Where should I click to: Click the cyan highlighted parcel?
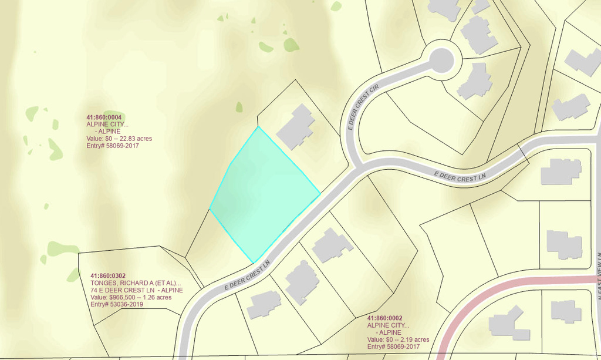(264, 194)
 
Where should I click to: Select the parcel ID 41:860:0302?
(108, 275)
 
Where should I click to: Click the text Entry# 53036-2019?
(117, 304)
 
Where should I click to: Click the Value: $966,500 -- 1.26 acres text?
(131, 297)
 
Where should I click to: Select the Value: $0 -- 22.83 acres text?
(119, 139)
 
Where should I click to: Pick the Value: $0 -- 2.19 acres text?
(398, 339)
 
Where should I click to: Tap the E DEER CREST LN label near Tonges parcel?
(250, 275)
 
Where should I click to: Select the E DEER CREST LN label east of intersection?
(461, 174)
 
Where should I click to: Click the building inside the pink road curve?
(505, 323)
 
